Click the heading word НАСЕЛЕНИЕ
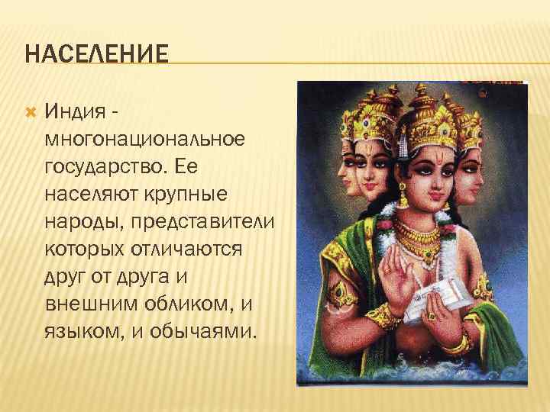coord(96,55)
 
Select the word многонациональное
coord(145,140)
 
